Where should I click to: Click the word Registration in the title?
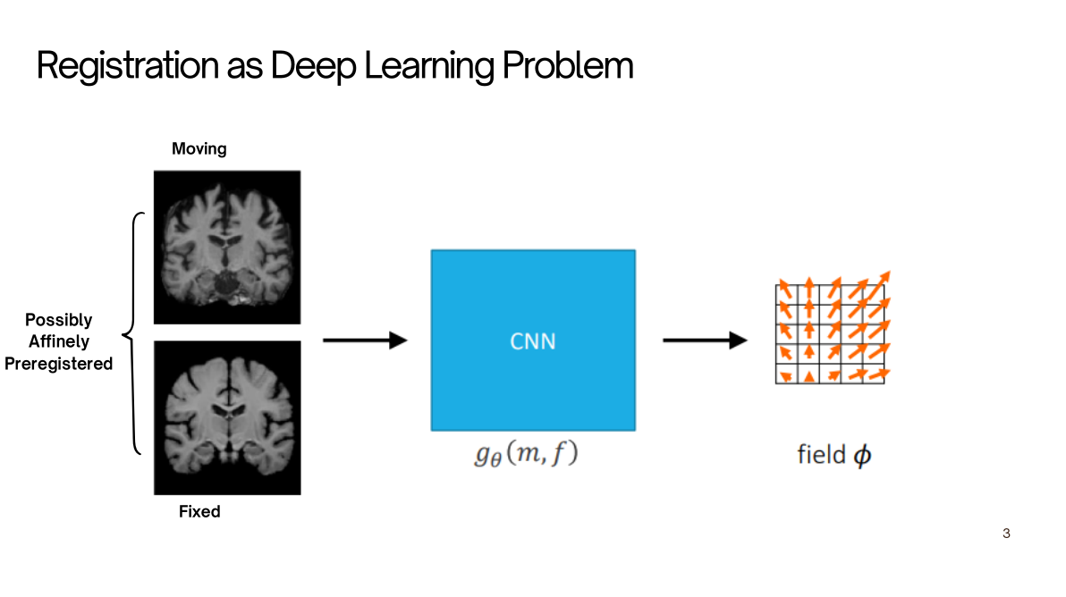pyautogui.click(x=127, y=66)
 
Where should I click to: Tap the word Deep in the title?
pyautogui.click(x=313, y=67)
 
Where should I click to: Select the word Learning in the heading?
pyautogui.click(x=429, y=67)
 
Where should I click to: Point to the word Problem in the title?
pyautogui.click(x=568, y=66)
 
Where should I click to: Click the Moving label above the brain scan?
pyautogui.click(x=199, y=148)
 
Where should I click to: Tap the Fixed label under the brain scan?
pyautogui.click(x=199, y=511)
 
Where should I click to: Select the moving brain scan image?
pyautogui.click(x=227, y=248)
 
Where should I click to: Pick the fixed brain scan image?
pyautogui.click(x=227, y=417)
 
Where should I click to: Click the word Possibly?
pyautogui.click(x=58, y=320)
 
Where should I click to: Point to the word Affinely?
pyautogui.click(x=59, y=341)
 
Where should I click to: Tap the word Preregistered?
pyautogui.click(x=58, y=364)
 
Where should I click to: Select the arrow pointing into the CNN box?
pyautogui.click(x=365, y=340)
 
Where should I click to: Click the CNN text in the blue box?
pyautogui.click(x=533, y=341)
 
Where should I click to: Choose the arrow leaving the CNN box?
pyautogui.click(x=705, y=340)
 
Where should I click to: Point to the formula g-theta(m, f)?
pyautogui.click(x=526, y=453)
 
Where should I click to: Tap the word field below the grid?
pyautogui.click(x=821, y=454)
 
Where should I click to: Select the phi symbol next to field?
pyautogui.click(x=862, y=456)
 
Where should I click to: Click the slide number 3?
pyautogui.click(x=1006, y=534)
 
